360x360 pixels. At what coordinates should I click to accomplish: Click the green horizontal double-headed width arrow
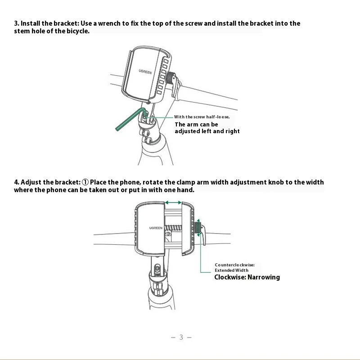click(173, 203)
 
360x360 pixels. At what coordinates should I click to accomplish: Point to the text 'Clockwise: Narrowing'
click(247, 277)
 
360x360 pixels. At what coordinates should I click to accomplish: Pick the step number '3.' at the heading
click(17, 23)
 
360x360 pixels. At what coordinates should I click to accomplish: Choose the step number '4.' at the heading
click(17, 182)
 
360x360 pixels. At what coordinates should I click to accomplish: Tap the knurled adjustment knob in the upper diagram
click(171, 78)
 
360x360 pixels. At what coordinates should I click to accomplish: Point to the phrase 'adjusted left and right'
click(207, 131)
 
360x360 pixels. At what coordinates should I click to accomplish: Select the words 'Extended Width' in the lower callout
click(231, 270)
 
